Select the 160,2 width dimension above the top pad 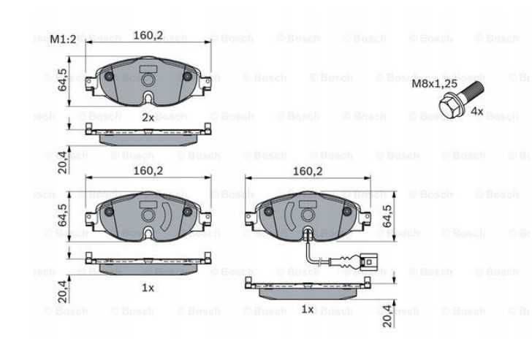148,34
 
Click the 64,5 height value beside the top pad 63,80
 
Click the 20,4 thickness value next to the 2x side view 63,162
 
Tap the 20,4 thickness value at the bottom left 63,291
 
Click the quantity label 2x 148,117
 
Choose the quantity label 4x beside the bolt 476,111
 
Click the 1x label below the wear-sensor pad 307,310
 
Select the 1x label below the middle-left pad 148,288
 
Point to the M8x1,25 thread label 434,84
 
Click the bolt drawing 458,96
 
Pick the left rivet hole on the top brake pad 110,77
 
